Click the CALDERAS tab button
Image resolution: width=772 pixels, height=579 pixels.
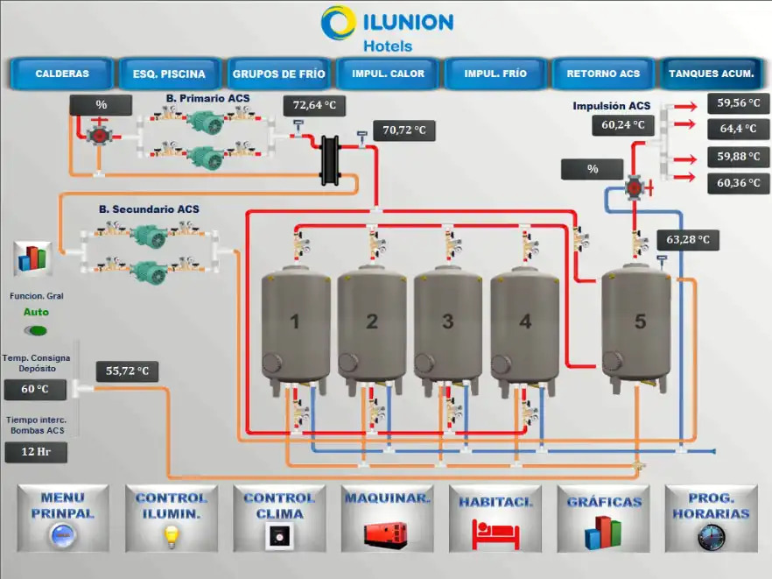[x=62, y=74]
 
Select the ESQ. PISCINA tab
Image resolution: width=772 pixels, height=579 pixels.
[x=170, y=74]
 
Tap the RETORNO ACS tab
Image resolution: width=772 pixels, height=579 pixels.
[x=603, y=74]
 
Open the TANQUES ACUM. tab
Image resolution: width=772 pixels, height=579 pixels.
[x=711, y=74]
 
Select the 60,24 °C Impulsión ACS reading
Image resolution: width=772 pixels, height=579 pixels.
[x=623, y=125]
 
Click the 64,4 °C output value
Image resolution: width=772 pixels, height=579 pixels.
[x=738, y=129]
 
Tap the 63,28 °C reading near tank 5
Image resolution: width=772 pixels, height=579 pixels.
[x=688, y=239]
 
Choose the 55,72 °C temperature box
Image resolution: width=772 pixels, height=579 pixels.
[x=127, y=371]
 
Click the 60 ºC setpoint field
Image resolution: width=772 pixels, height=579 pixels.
[x=35, y=389]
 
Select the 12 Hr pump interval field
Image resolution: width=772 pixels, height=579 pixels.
[x=35, y=452]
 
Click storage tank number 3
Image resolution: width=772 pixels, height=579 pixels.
[x=448, y=321]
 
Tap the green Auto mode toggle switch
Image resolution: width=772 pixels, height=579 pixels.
[x=36, y=330]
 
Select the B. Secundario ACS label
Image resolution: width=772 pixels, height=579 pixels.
[x=149, y=209]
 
